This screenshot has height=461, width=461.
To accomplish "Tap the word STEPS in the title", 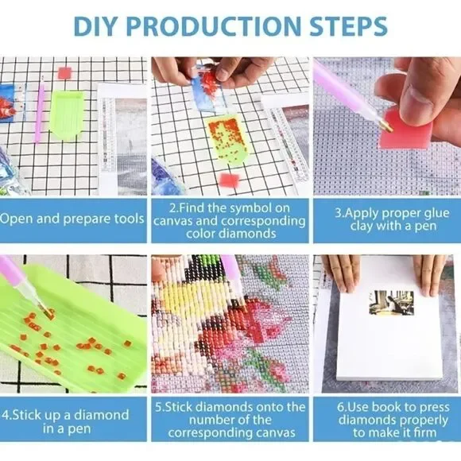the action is [348, 26].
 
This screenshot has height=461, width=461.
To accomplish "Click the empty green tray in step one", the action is [66, 113].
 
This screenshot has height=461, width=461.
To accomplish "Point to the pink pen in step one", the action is [40, 109].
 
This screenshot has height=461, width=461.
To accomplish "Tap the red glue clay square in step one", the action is [64, 73].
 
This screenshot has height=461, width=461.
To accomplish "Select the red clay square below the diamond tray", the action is [230, 180].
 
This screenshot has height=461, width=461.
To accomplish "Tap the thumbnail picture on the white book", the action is [391, 303].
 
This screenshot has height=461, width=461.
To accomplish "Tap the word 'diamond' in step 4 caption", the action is [102, 415].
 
